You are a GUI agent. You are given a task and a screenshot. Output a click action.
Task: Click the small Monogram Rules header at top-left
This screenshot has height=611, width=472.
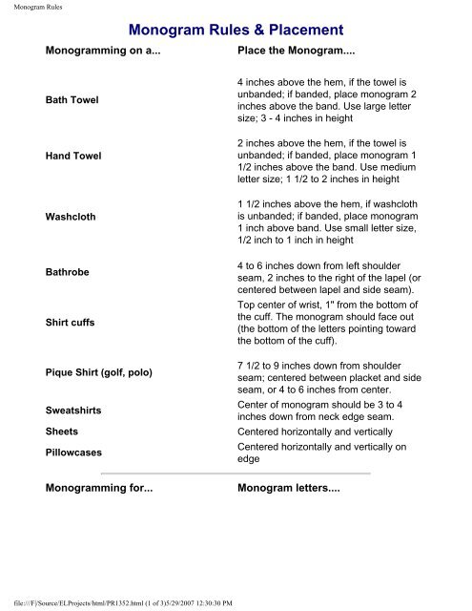[30, 8]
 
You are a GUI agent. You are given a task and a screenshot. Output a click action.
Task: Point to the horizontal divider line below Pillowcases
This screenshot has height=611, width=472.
[236, 473]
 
